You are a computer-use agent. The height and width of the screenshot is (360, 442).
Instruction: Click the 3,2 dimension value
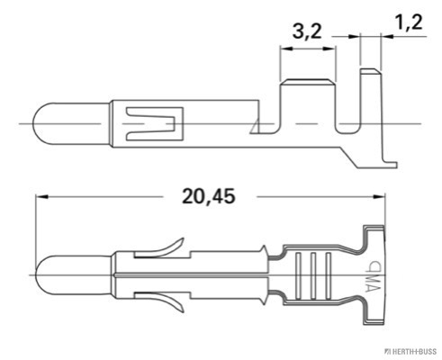(x=308, y=31)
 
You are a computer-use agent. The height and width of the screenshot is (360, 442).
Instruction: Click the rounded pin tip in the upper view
(x=46, y=121)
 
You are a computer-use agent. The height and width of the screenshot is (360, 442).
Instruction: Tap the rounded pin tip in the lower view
(x=46, y=271)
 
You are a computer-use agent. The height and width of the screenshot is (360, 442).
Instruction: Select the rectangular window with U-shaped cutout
(x=152, y=123)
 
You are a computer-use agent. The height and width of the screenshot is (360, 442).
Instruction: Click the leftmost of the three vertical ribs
(x=299, y=270)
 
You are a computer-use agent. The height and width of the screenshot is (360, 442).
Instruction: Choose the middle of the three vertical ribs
(x=313, y=270)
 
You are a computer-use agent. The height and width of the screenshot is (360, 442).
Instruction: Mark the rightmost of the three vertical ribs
(x=328, y=270)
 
